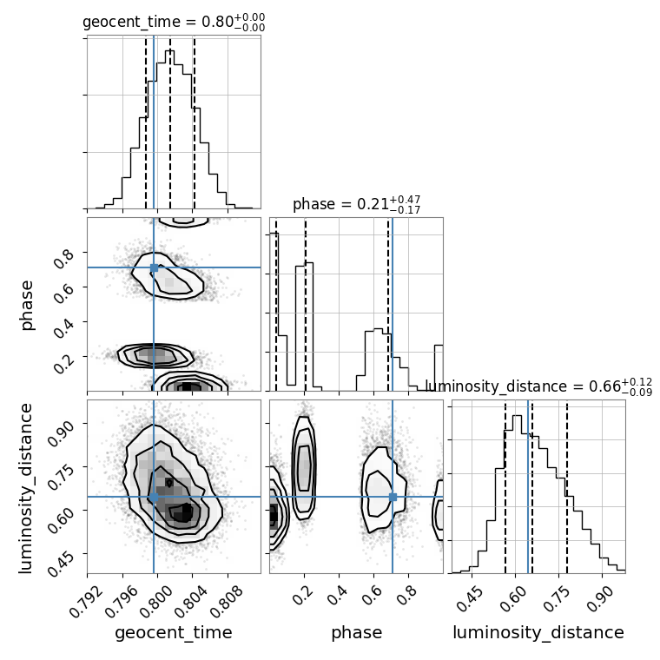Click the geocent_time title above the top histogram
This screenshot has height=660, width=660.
[x=173, y=23]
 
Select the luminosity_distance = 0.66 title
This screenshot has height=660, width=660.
[x=538, y=386]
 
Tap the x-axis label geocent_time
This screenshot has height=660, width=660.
[x=174, y=632]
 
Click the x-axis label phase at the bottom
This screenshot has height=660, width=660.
[x=356, y=632]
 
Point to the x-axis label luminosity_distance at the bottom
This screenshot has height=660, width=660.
[x=538, y=632]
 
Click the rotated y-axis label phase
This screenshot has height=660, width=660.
[x=27, y=305]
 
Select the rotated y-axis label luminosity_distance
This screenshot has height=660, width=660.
[x=27, y=486]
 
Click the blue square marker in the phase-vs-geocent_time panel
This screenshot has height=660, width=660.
[x=154, y=267]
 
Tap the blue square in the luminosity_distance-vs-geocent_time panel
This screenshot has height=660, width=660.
[x=154, y=497]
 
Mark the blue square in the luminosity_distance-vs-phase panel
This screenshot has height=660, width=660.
[x=393, y=497]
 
